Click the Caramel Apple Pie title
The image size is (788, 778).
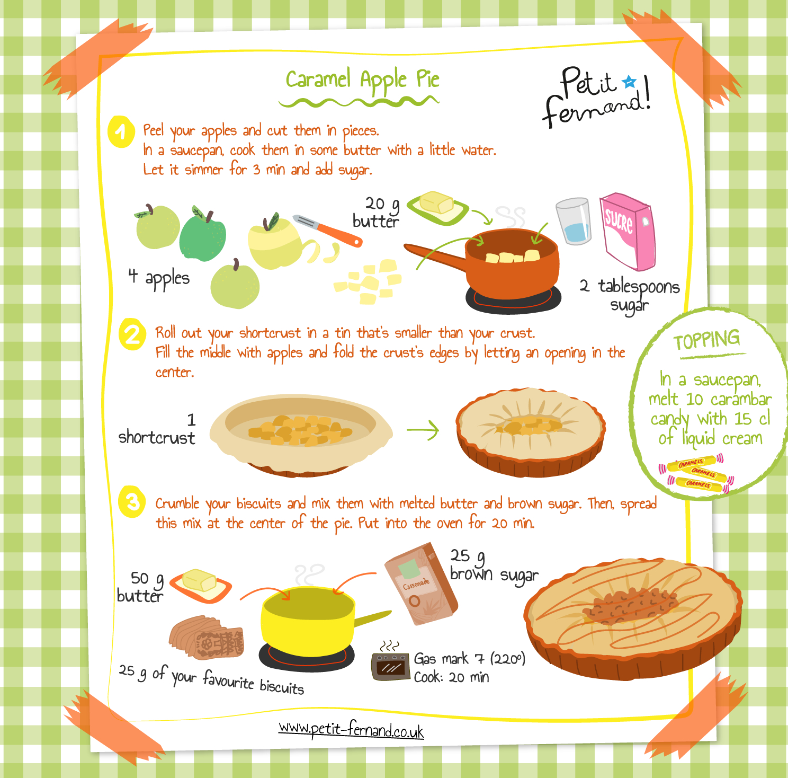pyautogui.click(x=363, y=79)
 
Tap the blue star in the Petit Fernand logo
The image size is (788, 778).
pyautogui.click(x=629, y=82)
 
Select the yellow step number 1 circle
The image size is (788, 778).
pyautogui.click(x=121, y=131)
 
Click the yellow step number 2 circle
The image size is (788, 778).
pyautogui.click(x=132, y=334)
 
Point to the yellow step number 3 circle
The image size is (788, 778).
pyautogui.click(x=132, y=501)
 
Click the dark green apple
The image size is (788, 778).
pyautogui.click(x=202, y=236)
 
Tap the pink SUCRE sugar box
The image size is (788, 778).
pyautogui.click(x=627, y=231)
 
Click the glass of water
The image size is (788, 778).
pyautogui.click(x=574, y=222)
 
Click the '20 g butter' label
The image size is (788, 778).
pyautogui.click(x=377, y=213)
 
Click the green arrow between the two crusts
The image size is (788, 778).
pyautogui.click(x=424, y=430)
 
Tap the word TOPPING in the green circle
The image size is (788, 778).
pyautogui.click(x=707, y=340)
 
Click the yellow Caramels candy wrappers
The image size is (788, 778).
pyautogui.click(x=697, y=473)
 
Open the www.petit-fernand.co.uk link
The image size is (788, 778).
pyautogui.click(x=351, y=730)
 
